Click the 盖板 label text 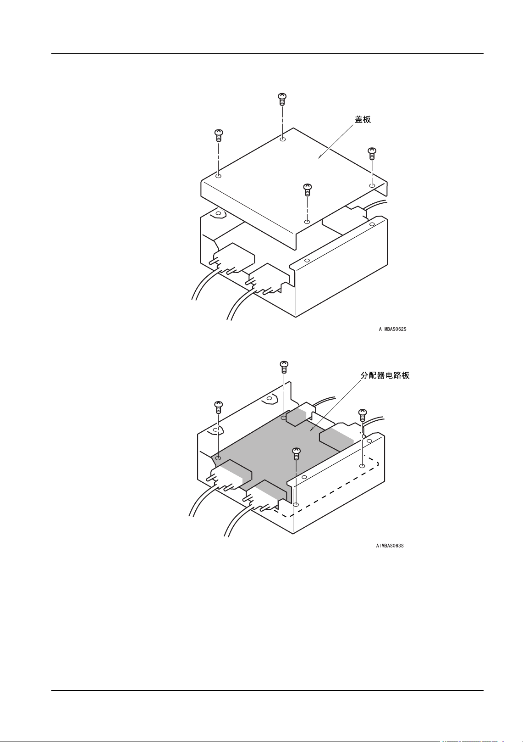[x=363, y=119]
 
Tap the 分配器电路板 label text [x=385, y=375]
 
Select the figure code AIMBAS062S [x=392, y=329]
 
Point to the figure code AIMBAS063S [x=390, y=546]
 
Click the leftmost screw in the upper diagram [x=219, y=135]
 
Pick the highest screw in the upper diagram [x=282, y=99]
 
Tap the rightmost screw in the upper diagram [x=372, y=153]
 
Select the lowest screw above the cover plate [x=307, y=189]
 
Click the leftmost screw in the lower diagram [x=219, y=407]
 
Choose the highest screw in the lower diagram [x=284, y=367]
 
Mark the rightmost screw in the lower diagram [x=363, y=415]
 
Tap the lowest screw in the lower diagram [x=296, y=454]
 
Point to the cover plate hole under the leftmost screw [x=219, y=176]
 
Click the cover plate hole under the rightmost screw [x=372, y=185]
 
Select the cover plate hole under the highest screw [x=283, y=139]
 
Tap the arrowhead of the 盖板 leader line [x=319, y=157]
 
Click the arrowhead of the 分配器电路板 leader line [x=311, y=430]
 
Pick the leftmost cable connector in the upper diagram [x=231, y=259]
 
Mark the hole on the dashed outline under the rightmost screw [x=362, y=466]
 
